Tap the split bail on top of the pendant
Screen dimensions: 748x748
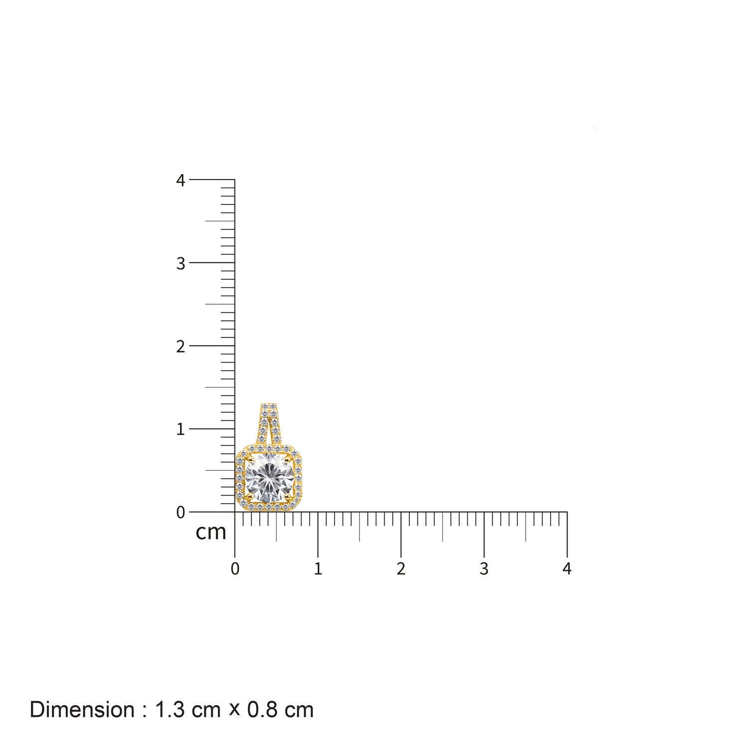coord(269,423)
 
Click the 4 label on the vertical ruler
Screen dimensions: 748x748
coord(181,181)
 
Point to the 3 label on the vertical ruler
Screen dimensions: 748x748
coord(181,263)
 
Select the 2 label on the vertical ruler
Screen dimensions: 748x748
coord(181,346)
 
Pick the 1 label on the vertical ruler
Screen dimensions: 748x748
coord(181,429)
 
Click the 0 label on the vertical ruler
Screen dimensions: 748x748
coord(181,512)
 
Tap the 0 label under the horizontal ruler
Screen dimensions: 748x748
coord(235,568)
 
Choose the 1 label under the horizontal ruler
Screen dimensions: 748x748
coord(318,568)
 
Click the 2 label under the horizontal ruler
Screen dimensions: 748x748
coord(401,568)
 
